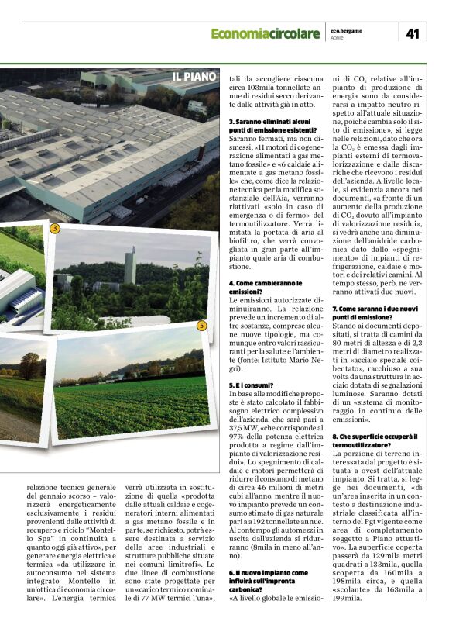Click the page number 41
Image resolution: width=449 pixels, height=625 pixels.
tap(413, 33)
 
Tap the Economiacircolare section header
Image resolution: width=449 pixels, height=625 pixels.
tap(265, 33)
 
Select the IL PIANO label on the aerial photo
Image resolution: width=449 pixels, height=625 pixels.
tap(194, 77)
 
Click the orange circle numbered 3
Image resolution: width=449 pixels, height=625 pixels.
tap(54, 229)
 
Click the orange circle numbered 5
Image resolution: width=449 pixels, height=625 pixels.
tap(201, 326)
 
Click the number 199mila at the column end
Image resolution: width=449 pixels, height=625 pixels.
tap(347, 598)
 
